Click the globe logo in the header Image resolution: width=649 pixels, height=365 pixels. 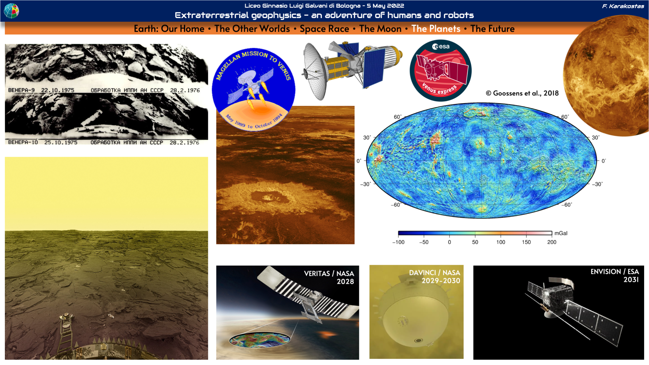11,11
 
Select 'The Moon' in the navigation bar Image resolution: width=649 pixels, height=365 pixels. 380,29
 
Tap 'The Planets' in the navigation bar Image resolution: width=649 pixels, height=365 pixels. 436,29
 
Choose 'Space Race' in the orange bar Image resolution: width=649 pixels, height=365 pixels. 324,29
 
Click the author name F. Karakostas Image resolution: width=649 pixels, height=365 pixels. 623,6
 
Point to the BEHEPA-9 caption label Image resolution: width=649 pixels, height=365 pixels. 21,90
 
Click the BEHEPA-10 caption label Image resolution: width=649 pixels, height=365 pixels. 23,142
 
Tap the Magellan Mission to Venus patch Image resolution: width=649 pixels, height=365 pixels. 254,89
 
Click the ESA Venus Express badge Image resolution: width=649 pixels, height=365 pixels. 440,70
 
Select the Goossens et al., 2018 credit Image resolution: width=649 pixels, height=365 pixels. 522,93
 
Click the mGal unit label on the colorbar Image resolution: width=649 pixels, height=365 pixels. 561,233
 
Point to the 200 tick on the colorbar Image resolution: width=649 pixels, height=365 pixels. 552,242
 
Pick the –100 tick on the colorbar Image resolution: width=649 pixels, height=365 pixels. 398,242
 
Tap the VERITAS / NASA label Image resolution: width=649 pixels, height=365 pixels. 329,274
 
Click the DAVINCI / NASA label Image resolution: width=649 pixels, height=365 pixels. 435,273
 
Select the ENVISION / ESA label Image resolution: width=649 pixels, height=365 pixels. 615,272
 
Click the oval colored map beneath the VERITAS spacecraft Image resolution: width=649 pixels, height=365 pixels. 260,340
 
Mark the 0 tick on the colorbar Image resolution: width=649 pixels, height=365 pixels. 449,242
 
